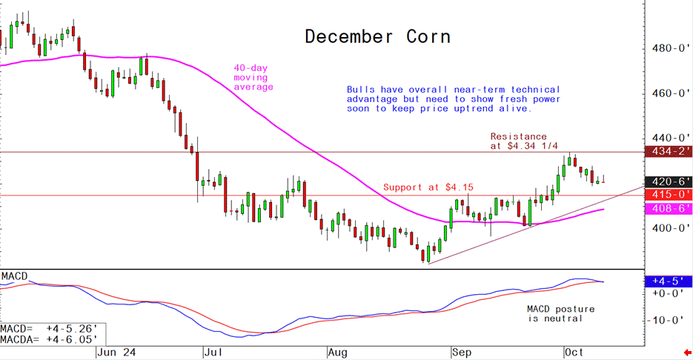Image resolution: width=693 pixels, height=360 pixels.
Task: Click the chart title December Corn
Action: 378,36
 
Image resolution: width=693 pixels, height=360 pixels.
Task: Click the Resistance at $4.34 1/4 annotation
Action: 519,141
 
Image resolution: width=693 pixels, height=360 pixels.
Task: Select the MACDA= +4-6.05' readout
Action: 48,339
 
